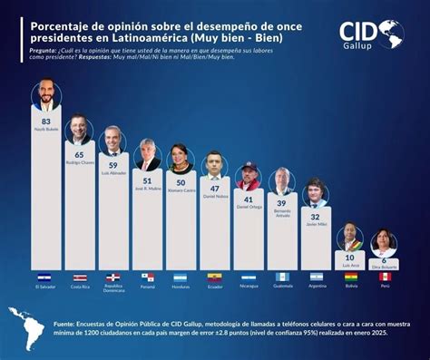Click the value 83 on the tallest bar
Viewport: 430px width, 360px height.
point(45,120)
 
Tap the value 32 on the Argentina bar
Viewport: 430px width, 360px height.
point(316,218)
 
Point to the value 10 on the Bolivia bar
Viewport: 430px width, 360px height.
point(349,257)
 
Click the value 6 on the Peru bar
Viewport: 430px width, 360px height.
point(383,261)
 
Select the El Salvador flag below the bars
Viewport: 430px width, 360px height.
point(45,277)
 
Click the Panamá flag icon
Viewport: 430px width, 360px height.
point(147,277)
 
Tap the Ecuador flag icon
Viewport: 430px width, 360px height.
point(214,277)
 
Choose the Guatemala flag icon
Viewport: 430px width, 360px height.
point(282,277)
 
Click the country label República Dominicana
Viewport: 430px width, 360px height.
point(113,289)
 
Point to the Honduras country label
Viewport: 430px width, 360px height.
point(181,287)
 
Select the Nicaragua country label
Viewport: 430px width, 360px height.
point(248,287)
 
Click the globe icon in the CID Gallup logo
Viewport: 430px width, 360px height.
point(392,34)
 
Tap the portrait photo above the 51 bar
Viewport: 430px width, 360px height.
point(147,156)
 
